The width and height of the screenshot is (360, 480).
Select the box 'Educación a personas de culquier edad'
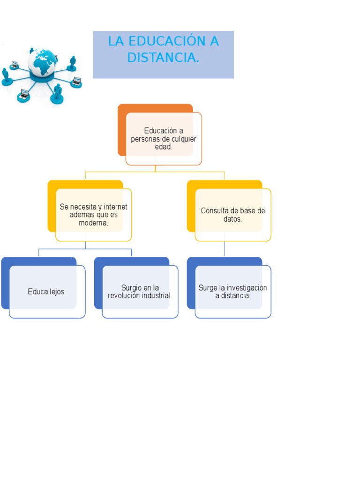pos(164,138)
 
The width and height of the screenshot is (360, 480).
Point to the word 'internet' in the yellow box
pos(115,207)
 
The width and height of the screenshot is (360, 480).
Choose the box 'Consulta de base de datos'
pos(233,215)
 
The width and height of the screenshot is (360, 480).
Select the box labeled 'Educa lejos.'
pos(47,292)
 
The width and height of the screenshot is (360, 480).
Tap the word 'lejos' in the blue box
pos(57,292)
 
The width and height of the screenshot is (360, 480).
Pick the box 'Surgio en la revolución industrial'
pos(140,292)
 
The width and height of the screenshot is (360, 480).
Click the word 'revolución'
pos(124,296)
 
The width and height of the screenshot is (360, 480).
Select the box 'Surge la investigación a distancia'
pos(233,292)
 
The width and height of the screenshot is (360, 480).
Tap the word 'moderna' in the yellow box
pos(93,223)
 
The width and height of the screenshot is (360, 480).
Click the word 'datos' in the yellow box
pos(232,219)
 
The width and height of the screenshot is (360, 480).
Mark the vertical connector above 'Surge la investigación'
pos(225,249)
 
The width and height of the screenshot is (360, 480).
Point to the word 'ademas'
pos(82,215)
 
